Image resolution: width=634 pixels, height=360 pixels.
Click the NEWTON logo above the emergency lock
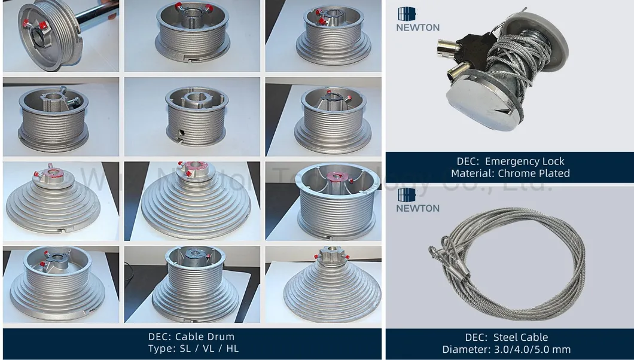(417, 19)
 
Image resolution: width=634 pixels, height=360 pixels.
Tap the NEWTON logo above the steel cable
(417, 200)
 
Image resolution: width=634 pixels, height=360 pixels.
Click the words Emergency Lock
(525, 161)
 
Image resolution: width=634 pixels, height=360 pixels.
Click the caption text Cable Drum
(205, 337)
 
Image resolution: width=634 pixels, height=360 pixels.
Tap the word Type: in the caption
(161, 349)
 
